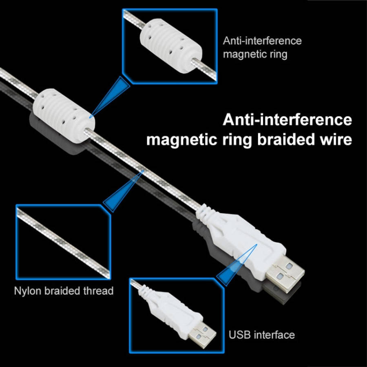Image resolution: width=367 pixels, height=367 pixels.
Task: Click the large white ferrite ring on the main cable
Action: (64, 115)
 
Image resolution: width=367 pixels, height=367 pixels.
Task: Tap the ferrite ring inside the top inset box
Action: (171, 46)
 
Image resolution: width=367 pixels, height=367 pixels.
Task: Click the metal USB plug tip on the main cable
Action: (285, 274)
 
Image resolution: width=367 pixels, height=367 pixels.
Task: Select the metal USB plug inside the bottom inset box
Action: (202, 335)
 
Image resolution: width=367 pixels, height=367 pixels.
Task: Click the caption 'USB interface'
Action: (262, 335)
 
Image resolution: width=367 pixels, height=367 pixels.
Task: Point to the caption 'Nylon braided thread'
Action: (64, 291)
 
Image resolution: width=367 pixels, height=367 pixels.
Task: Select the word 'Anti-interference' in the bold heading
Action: (287, 120)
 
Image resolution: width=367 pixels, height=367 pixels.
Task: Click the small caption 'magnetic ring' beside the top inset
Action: (255, 54)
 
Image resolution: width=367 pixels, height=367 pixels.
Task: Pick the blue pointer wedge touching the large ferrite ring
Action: (110, 96)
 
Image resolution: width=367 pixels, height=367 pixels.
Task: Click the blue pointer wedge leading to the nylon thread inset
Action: (123, 191)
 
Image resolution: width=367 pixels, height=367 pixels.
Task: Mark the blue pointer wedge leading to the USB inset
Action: (237, 265)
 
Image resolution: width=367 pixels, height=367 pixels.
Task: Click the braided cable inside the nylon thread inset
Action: (64, 243)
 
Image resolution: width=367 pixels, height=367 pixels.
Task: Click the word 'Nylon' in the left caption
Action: (28, 291)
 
